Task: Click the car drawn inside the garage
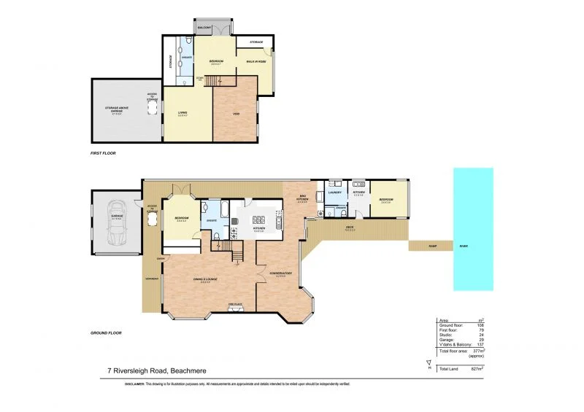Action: pos(117,222)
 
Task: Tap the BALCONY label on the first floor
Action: pos(204,28)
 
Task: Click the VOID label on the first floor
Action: pos(236,113)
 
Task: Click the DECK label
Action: pos(350,228)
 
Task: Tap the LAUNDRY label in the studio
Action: pos(335,193)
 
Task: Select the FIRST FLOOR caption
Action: pos(103,154)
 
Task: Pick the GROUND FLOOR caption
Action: pos(105,333)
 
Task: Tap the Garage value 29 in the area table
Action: pos(483,341)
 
